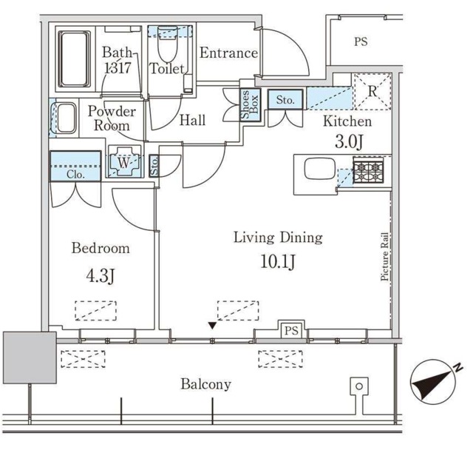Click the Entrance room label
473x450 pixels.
point(228,53)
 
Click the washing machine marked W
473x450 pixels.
point(122,162)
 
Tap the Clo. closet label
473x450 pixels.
point(75,175)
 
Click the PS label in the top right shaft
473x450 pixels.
point(360,42)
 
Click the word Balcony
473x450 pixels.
point(206,384)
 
